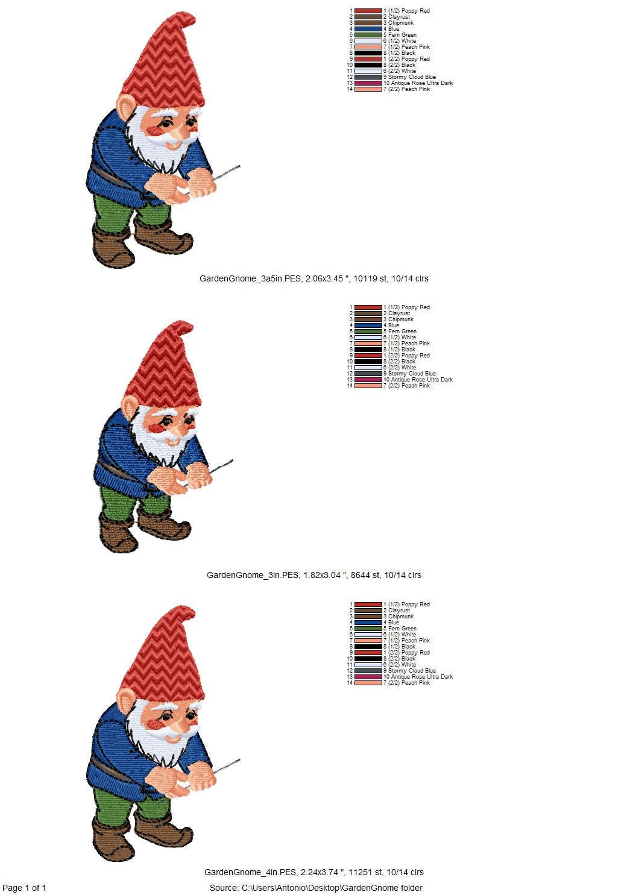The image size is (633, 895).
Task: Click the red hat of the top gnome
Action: [x=164, y=64]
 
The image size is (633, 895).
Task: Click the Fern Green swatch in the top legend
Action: [x=368, y=35]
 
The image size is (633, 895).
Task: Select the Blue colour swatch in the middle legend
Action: [x=368, y=325]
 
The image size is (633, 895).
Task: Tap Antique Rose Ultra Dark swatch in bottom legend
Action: [x=368, y=677]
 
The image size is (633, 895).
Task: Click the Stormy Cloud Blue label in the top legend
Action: [x=412, y=77]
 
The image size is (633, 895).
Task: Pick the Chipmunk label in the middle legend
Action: [x=401, y=319]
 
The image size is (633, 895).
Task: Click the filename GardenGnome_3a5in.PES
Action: [x=250, y=278]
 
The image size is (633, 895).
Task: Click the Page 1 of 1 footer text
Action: [x=24, y=888]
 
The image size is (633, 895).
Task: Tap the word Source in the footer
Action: [x=224, y=888]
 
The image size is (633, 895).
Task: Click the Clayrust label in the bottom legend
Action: [x=399, y=611]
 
